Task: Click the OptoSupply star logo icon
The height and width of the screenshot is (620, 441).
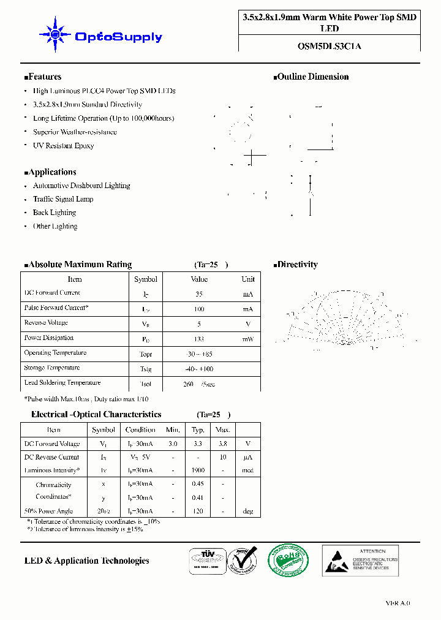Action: point(54,35)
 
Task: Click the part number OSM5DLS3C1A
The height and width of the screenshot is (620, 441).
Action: point(329,45)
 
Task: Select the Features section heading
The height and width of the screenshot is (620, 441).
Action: point(43,77)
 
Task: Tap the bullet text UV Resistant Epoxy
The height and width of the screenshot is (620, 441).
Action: point(63,146)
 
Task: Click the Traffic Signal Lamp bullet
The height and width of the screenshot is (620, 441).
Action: point(63,199)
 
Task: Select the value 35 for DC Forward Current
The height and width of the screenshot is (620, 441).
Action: point(199,294)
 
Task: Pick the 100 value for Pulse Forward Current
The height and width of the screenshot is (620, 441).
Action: point(199,309)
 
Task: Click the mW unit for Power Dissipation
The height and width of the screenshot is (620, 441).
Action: point(247,339)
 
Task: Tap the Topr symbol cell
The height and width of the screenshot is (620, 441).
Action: point(145,354)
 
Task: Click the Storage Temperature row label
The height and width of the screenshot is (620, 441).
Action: point(52,368)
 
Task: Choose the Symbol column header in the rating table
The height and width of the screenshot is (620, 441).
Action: point(146,279)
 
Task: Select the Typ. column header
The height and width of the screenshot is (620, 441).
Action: point(198,429)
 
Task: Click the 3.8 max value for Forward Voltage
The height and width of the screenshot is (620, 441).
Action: point(223,444)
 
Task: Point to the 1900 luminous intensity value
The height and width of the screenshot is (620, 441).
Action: point(198,471)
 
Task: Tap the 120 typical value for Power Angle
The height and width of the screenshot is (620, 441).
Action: point(198,511)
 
